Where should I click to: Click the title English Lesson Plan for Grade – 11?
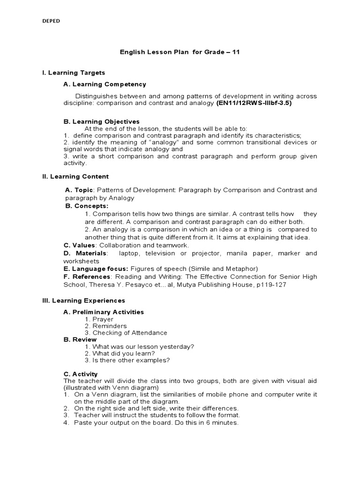click(180, 52)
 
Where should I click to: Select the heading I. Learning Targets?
click(74, 73)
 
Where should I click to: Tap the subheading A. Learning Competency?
click(105, 84)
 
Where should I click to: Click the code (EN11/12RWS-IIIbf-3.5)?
click(254, 103)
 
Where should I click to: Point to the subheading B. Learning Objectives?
click(101, 121)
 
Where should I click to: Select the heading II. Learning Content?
click(75, 177)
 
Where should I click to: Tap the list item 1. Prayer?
click(99, 319)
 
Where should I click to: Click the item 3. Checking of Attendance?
click(126, 333)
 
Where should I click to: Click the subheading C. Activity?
click(80, 374)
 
